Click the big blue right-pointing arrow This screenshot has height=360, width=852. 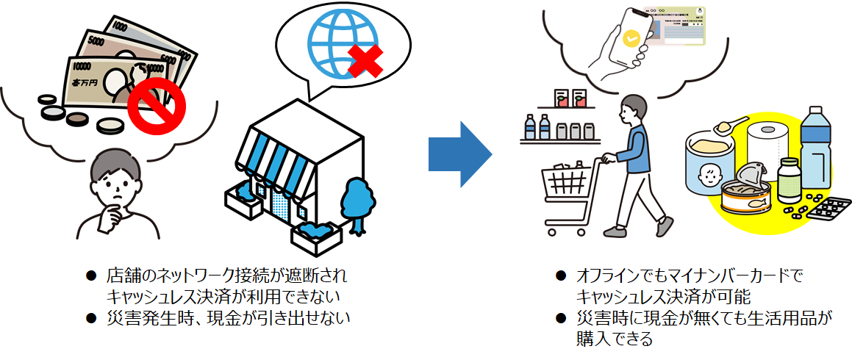(459, 154)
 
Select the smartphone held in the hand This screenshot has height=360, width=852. (633, 36)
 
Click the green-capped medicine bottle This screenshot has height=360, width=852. (789, 179)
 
